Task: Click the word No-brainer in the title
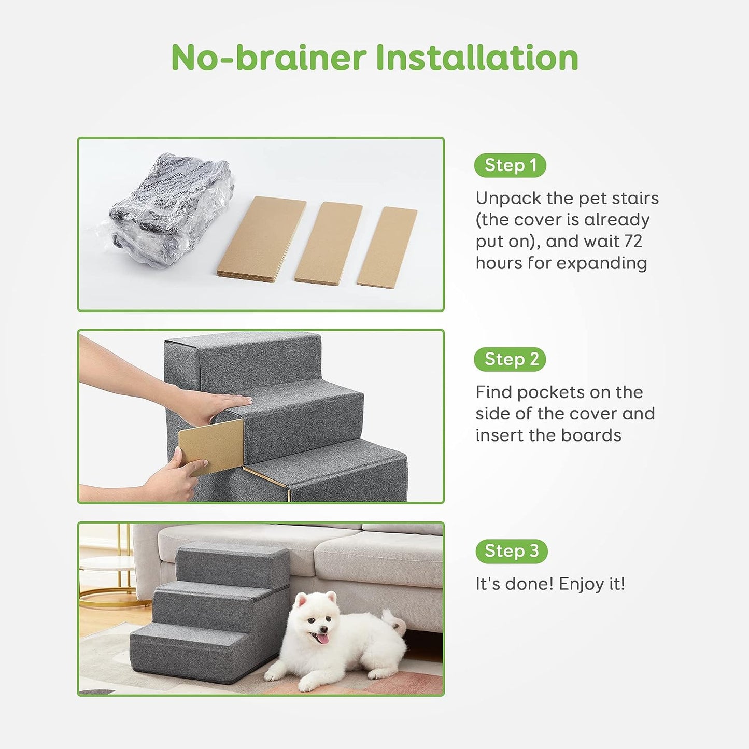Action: click(x=268, y=58)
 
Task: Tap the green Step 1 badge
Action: click(x=510, y=165)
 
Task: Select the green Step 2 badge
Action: click(x=510, y=359)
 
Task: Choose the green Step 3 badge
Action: click(x=511, y=551)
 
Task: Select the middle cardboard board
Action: click(x=329, y=242)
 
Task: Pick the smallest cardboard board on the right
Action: click(x=387, y=247)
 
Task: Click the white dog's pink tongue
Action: click(x=322, y=639)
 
